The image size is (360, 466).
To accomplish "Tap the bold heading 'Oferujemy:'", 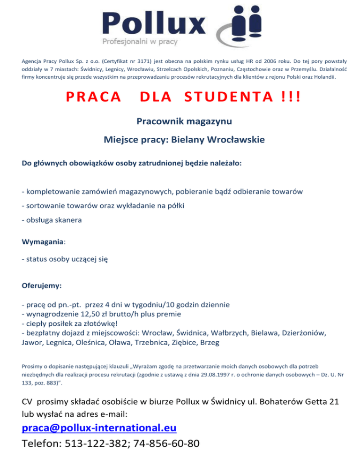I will pyautogui.click(x=42, y=285).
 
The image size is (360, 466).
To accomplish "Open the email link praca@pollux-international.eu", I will pyautogui.click(x=99, y=428).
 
